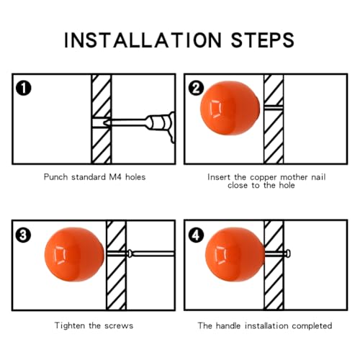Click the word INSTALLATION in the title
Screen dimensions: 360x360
(143, 40)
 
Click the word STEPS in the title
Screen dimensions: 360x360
(262, 40)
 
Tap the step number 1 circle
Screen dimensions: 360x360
(24, 88)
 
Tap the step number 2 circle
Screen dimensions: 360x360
(196, 88)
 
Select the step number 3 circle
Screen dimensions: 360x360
(23, 235)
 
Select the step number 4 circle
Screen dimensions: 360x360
(196, 235)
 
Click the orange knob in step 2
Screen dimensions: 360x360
(230, 108)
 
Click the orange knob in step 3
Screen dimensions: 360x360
(74, 254)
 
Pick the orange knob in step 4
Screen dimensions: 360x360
(235, 254)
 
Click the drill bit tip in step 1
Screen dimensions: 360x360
(104, 123)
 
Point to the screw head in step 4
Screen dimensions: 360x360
(288, 253)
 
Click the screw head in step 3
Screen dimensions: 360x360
(130, 253)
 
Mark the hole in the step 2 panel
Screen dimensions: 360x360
(274, 107)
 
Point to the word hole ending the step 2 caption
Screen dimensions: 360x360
(287, 185)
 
